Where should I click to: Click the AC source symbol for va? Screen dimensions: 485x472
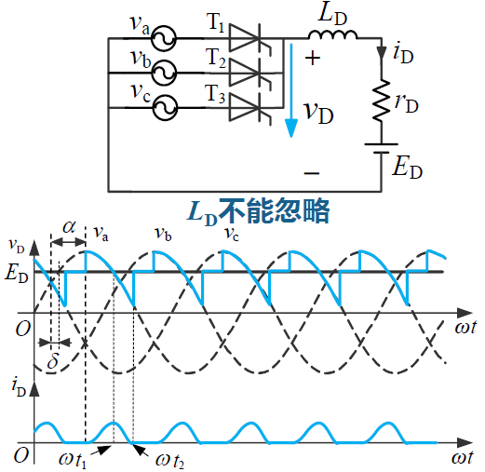pyautogui.click(x=164, y=38)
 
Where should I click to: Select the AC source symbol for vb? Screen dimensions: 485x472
pyautogui.click(x=164, y=73)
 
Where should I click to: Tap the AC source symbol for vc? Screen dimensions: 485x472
pyautogui.click(x=165, y=108)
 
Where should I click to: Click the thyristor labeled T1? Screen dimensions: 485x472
pyautogui.click(x=250, y=38)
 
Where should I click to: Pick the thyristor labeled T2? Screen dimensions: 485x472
pyautogui.click(x=250, y=74)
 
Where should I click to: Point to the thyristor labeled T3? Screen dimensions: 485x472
pyautogui.click(x=250, y=108)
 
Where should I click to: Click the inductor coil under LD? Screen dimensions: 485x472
pyautogui.click(x=332, y=34)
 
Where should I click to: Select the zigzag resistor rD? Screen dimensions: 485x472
pyautogui.click(x=382, y=100)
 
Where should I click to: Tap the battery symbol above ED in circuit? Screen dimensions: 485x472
pyautogui.click(x=382, y=148)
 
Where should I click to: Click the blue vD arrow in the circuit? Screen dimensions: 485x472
pyautogui.click(x=291, y=90)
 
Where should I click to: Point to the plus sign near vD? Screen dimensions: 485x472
pyautogui.click(x=312, y=58)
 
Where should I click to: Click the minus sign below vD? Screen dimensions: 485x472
pyautogui.click(x=312, y=173)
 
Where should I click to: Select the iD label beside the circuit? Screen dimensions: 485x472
pyautogui.click(x=403, y=54)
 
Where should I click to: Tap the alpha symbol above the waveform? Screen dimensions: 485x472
pyautogui.click(x=69, y=227)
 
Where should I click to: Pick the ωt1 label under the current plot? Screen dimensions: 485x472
pyautogui.click(x=73, y=460)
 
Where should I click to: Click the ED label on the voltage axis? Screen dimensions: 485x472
pyautogui.click(x=17, y=275)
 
